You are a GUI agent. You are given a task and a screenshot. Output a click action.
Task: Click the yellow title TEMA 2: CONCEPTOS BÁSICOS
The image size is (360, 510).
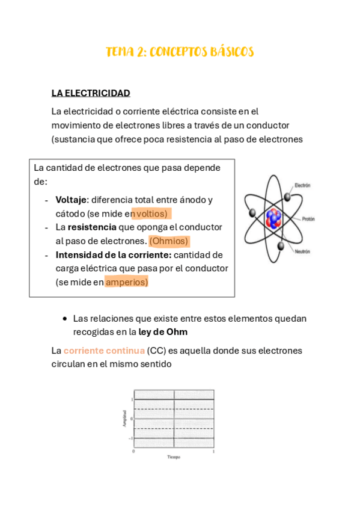tap(180, 52)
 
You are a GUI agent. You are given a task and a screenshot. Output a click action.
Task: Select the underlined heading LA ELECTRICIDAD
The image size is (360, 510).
tap(91, 93)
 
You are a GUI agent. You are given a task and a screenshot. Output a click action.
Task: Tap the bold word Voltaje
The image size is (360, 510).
tap(72, 200)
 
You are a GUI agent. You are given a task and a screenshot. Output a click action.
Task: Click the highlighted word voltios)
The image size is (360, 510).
tap(151, 214)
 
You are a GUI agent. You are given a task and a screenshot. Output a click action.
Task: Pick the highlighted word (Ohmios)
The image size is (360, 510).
tap(169, 241)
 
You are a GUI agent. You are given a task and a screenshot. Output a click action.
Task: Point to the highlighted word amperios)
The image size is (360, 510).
tap(127, 281)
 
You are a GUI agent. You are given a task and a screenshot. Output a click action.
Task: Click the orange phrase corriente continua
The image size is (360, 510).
tap(104, 351)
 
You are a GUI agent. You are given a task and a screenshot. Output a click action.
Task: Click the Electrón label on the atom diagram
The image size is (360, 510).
tap(302, 186)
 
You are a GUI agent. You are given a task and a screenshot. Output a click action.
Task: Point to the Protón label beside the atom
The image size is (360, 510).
tap(308, 219)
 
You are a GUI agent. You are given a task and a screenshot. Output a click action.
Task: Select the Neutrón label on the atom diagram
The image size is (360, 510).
tap(302, 252)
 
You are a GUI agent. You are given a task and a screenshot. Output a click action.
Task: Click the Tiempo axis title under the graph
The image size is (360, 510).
tap(174, 457)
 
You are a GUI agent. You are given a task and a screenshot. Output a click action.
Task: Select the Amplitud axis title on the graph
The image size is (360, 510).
tap(124, 419)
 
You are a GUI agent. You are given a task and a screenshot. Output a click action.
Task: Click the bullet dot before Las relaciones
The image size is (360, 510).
tap(65, 318)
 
